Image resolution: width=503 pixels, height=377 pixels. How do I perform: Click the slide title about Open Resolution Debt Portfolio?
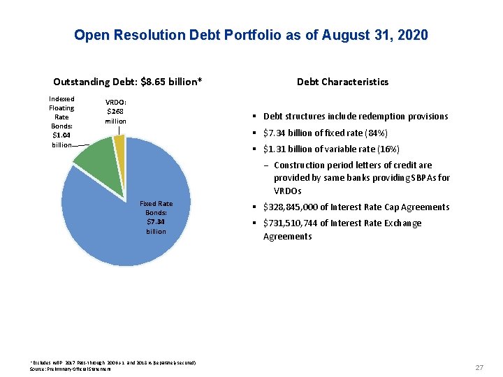point(251,35)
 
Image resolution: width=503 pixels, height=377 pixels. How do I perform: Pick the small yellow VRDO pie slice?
point(119,143)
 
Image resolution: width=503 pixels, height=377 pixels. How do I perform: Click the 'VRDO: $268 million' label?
point(116,110)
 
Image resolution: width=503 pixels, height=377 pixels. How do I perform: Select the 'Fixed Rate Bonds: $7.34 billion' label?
point(156,217)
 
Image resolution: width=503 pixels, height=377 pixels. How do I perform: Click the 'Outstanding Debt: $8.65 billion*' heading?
point(128,82)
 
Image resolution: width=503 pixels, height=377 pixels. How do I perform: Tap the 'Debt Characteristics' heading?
point(342,82)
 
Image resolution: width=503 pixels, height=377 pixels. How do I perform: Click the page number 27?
point(479,367)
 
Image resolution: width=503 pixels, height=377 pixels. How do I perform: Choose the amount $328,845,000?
point(290,207)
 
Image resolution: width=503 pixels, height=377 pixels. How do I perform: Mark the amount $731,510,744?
point(290,223)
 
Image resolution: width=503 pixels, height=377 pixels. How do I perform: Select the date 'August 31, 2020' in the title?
point(375,35)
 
